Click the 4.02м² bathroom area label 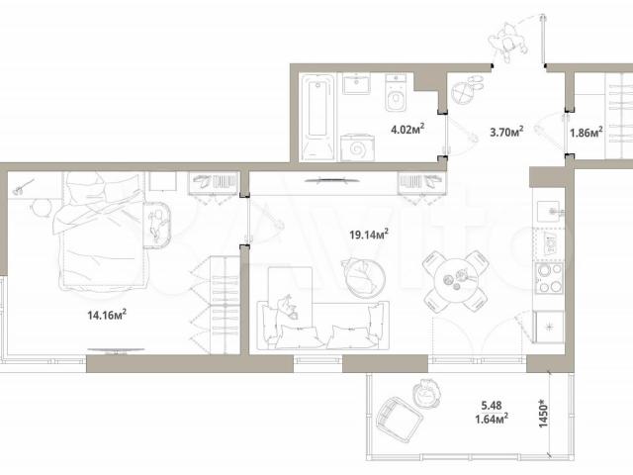(x=407, y=130)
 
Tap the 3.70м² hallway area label (x=506, y=132)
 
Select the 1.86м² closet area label (x=587, y=132)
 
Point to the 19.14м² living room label (x=369, y=235)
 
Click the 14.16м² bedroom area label (x=107, y=315)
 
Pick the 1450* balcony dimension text (x=544, y=414)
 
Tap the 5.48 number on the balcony (x=492, y=405)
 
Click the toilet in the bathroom (x=397, y=93)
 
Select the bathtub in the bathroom (x=317, y=117)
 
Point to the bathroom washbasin (x=356, y=83)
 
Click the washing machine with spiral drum (x=357, y=147)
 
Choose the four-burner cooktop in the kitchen (x=549, y=278)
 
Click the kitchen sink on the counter (x=549, y=211)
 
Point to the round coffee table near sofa (x=365, y=278)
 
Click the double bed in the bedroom (x=101, y=231)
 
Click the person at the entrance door (x=507, y=42)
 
